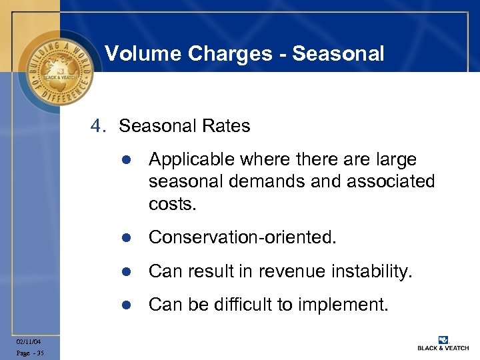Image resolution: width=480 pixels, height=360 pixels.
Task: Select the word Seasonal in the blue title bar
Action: click(341, 53)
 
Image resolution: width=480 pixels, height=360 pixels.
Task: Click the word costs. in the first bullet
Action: click(173, 203)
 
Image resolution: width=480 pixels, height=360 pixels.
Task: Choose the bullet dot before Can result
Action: click(125, 271)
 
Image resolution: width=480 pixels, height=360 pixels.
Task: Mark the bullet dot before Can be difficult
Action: click(125, 305)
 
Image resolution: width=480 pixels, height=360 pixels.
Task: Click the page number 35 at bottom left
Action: click(40, 353)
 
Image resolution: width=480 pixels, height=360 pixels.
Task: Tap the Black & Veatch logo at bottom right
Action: click(443, 343)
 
